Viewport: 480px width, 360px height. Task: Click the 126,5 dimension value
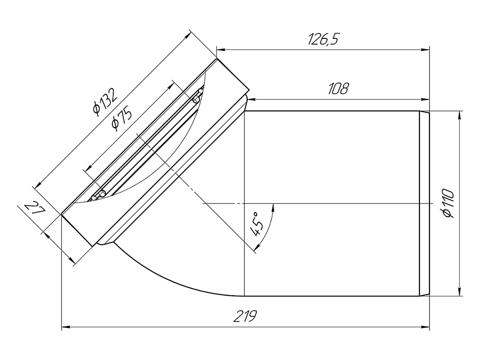323,40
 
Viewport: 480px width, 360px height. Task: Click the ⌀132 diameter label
105,102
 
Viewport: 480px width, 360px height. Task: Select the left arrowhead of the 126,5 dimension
220,48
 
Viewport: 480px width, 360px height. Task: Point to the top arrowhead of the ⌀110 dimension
460,115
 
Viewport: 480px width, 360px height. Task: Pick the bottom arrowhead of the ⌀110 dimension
460,293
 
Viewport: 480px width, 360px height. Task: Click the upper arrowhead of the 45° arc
273,207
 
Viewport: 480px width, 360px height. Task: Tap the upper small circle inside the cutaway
196,99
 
